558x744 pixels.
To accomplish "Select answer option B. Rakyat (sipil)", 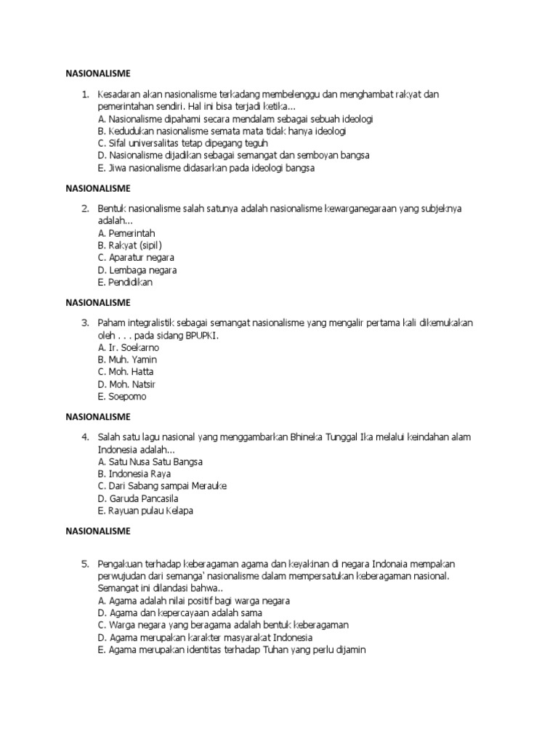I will coord(129,245).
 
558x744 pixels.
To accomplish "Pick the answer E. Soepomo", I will coord(123,397).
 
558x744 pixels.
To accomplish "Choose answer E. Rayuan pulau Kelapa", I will coord(145,510).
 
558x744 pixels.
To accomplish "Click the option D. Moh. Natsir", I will coord(126,384).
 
